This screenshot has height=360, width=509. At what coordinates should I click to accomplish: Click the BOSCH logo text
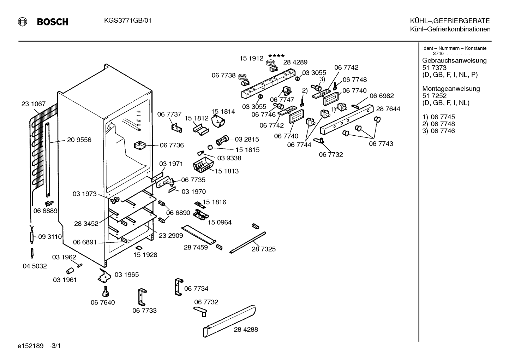point(53,22)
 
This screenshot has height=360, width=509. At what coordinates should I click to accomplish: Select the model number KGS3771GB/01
point(128,21)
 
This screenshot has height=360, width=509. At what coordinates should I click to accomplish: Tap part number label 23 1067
point(34,104)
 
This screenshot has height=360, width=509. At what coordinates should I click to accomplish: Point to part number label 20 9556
point(79,140)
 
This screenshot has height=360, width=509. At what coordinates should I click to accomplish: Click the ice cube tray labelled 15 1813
point(203,164)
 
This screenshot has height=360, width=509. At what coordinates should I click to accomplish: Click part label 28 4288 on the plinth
point(246,330)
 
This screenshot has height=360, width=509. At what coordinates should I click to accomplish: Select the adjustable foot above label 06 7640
point(105,291)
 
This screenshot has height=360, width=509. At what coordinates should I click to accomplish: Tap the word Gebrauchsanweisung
point(454,61)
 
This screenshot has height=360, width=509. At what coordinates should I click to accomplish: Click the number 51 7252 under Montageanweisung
point(434,96)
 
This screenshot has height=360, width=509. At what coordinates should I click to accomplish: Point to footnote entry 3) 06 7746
point(438,131)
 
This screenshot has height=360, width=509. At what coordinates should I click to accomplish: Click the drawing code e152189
point(30,346)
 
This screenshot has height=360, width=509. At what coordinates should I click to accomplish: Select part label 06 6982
point(382,96)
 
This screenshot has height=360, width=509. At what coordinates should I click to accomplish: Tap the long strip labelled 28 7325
point(248,242)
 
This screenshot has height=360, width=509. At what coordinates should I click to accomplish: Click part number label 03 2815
point(247,139)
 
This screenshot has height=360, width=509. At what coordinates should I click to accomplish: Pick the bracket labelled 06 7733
point(142,297)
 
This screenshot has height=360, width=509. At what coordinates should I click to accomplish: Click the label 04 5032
point(35,266)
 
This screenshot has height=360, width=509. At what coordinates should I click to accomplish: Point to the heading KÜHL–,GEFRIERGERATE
point(450,21)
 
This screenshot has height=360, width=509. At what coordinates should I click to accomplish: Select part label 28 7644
point(388,109)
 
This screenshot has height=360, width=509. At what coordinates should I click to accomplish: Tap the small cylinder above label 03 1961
point(70,271)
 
